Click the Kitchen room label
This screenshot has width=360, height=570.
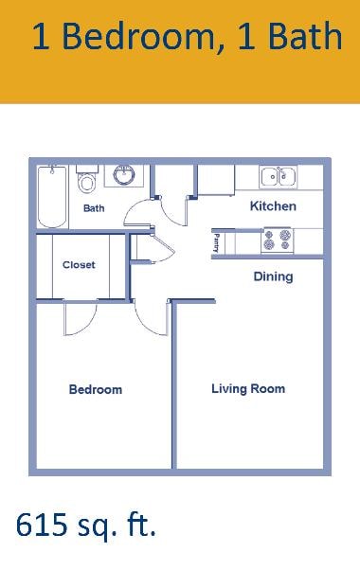273,205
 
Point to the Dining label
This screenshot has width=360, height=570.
273,276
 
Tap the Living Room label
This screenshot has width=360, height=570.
248,388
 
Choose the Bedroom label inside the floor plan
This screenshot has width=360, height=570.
95,389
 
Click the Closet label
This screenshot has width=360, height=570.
79,265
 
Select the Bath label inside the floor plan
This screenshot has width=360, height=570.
94,208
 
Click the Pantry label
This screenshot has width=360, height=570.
217,242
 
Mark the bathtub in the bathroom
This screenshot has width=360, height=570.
50,196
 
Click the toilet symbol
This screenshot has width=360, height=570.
87,181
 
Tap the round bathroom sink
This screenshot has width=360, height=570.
123,175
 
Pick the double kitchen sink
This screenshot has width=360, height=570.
278,176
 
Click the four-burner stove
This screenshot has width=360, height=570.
278,240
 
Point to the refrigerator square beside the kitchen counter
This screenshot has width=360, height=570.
215,179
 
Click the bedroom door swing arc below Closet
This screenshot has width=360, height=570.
80,320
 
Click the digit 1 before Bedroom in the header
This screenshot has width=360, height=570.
41,37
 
